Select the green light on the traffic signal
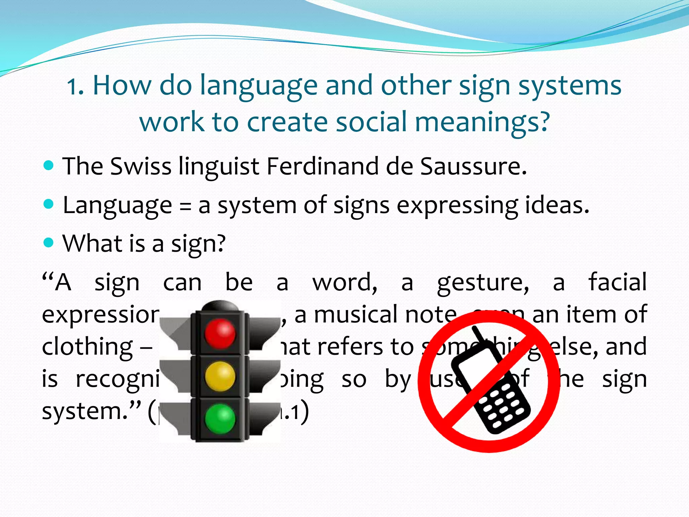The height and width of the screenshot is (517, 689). pyautogui.click(x=220, y=418)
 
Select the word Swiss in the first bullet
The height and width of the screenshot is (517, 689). pyautogui.click(x=141, y=166)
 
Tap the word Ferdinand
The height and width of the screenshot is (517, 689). pyautogui.click(x=322, y=166)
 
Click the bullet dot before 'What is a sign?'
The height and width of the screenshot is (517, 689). pyautogui.click(x=49, y=242)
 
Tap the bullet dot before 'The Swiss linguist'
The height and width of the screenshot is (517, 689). pyautogui.click(x=49, y=165)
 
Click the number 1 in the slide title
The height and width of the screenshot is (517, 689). pyautogui.click(x=73, y=87)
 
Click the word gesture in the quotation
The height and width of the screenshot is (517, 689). pyautogui.click(x=483, y=283)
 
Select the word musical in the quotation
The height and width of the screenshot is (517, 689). pyautogui.click(x=356, y=315)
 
